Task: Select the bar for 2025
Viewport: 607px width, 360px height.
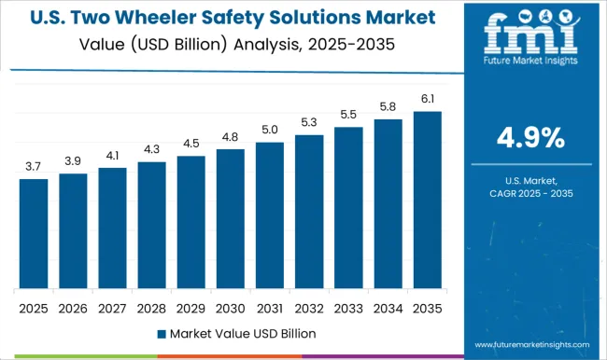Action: click(x=34, y=233)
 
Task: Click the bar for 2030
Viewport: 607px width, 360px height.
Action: click(x=230, y=218)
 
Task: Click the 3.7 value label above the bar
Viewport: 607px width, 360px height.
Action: click(x=34, y=166)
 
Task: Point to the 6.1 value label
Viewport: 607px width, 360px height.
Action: click(x=426, y=99)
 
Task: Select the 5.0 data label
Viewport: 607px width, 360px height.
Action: click(x=269, y=130)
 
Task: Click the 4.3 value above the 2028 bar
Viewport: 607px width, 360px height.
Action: click(x=151, y=149)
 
